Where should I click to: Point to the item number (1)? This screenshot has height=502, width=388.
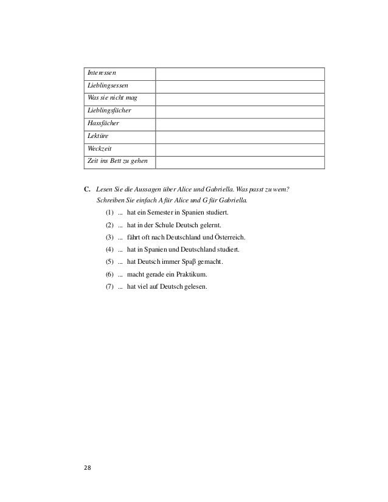(109, 213)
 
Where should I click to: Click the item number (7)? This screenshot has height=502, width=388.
(109, 286)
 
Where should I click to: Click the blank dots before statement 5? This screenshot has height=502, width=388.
(120, 261)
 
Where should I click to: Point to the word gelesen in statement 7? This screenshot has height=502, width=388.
(195, 286)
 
